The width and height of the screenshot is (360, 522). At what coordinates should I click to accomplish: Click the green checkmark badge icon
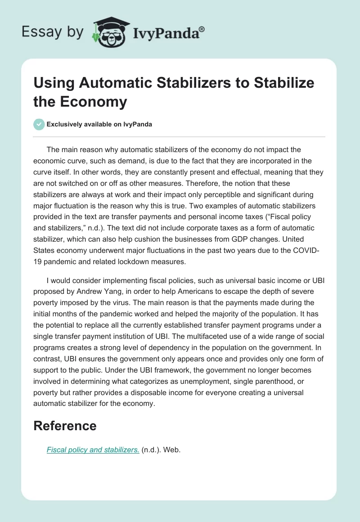point(39,124)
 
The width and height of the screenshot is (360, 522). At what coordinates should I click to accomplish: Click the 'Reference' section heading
point(65,426)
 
